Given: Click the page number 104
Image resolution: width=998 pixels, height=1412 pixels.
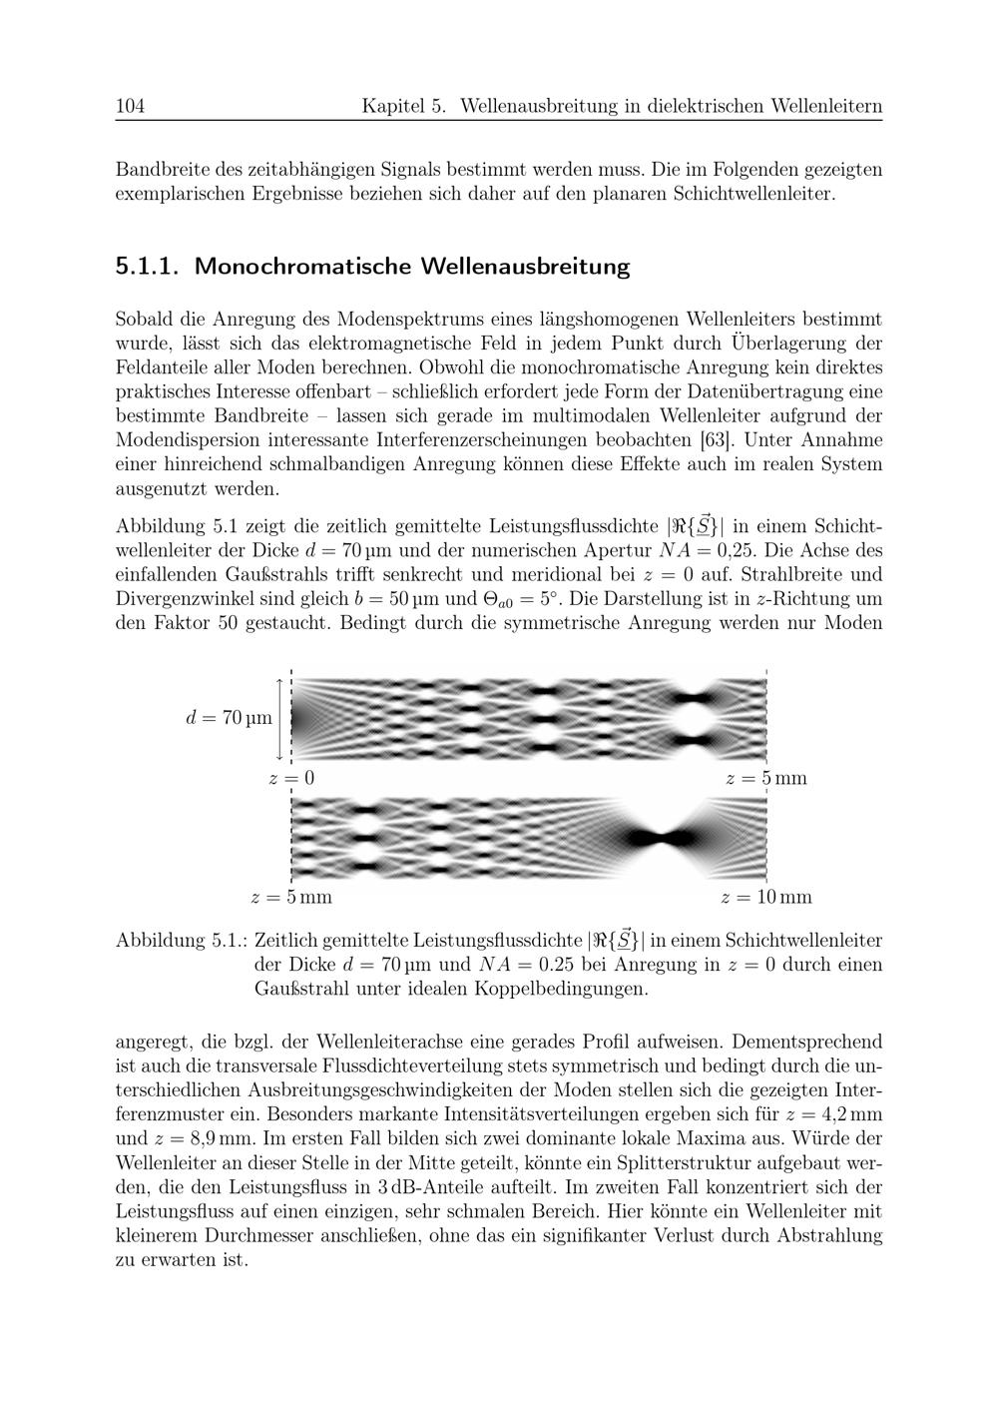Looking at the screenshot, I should pyautogui.click(x=131, y=106).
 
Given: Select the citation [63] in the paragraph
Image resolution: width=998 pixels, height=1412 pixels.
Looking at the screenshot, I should pyautogui.click(x=715, y=438).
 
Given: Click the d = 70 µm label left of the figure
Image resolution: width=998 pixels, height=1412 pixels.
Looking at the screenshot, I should pyautogui.click(x=229, y=717).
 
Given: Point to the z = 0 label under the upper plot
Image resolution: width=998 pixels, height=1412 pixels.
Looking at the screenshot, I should pyautogui.click(x=291, y=778).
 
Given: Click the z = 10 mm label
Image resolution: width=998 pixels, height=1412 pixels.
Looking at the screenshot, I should pyautogui.click(x=765, y=897).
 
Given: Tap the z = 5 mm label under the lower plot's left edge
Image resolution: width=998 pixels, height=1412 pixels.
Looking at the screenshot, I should pyautogui.click(x=291, y=897).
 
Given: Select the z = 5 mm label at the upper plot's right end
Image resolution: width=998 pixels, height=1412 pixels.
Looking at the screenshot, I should pyautogui.click(x=765, y=778).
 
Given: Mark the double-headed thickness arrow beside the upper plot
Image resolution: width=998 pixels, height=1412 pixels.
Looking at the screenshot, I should pyautogui.click(x=279, y=718).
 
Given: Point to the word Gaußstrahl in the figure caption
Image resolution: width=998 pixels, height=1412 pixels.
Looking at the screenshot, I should pyautogui.click(x=301, y=990).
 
